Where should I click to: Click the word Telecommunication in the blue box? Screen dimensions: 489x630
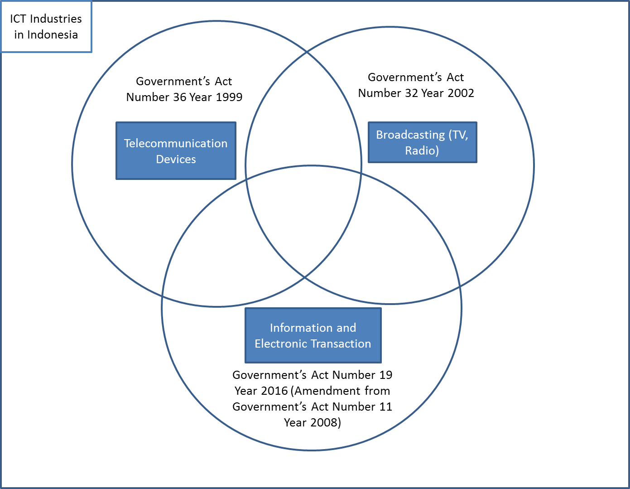click(176, 143)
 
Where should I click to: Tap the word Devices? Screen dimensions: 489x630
click(176, 159)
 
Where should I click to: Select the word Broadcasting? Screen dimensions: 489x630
click(410, 135)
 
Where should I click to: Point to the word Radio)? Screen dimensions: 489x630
click(422, 150)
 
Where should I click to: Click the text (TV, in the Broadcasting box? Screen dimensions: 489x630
click(458, 135)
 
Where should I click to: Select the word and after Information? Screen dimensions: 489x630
click(346, 328)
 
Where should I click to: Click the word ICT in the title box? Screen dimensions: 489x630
click(18, 19)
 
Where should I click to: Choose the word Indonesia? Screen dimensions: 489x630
click(53, 34)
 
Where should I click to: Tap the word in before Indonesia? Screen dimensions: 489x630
click(19, 34)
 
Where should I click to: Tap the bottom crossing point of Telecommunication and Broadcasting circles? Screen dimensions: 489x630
click(305, 276)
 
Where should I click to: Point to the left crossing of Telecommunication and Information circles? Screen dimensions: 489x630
click(162, 295)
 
